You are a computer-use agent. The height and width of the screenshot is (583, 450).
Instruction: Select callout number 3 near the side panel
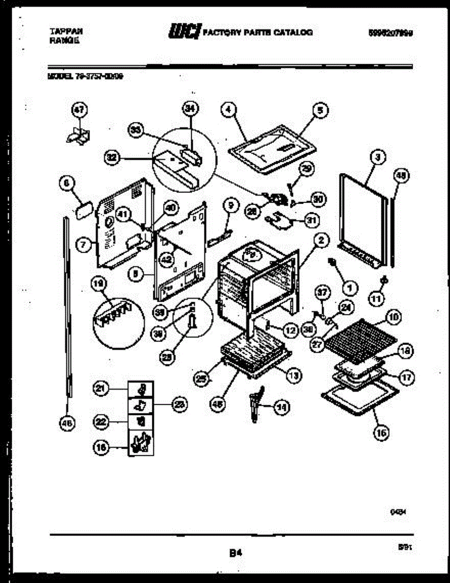[378, 157]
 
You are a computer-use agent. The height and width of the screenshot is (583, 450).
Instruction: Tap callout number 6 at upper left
[66, 183]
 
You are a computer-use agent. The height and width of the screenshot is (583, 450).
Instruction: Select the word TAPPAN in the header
[66, 31]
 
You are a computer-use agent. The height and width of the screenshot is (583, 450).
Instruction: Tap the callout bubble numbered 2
[321, 240]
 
